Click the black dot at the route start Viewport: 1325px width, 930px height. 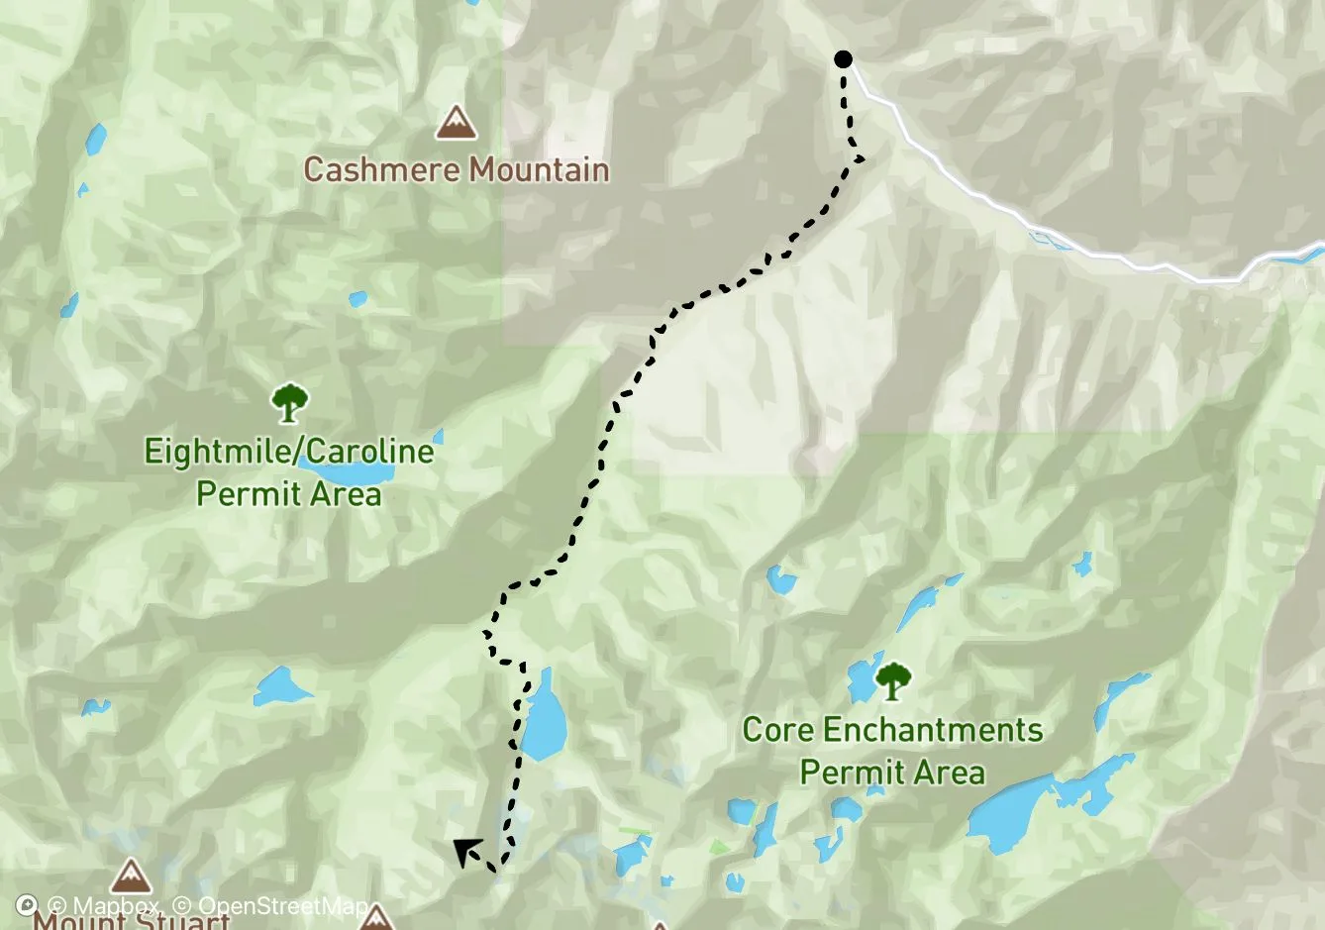[x=843, y=59]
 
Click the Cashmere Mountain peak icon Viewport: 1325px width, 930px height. [x=456, y=122]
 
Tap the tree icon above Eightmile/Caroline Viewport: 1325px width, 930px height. [x=288, y=403]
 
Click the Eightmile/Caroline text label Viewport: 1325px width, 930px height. [x=288, y=452]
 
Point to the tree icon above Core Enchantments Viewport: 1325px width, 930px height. [x=893, y=681]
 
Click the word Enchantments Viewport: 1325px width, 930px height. [x=932, y=731]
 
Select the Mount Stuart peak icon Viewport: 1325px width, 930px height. [x=130, y=878]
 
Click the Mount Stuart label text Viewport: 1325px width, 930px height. [x=132, y=920]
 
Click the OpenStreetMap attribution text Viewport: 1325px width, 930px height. [x=271, y=906]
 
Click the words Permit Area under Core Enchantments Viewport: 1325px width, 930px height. [x=892, y=773]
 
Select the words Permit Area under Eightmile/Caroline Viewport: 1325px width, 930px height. [x=288, y=493]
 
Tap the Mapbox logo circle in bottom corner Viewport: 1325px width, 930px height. [x=27, y=905]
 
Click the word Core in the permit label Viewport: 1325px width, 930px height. [x=777, y=731]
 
